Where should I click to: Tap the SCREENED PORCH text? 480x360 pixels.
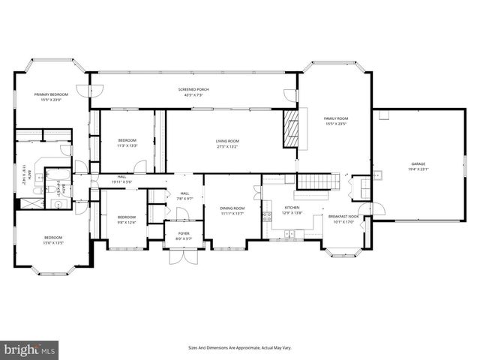196,89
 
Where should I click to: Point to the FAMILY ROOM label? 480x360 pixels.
336,118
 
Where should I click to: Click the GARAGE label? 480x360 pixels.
417,163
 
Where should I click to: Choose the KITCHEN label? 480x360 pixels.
292,208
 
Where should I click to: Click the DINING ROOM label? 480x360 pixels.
232,208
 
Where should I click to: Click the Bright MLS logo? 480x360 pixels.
30,349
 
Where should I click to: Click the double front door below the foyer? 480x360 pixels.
183,256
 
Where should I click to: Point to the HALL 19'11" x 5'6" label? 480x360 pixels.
121,179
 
